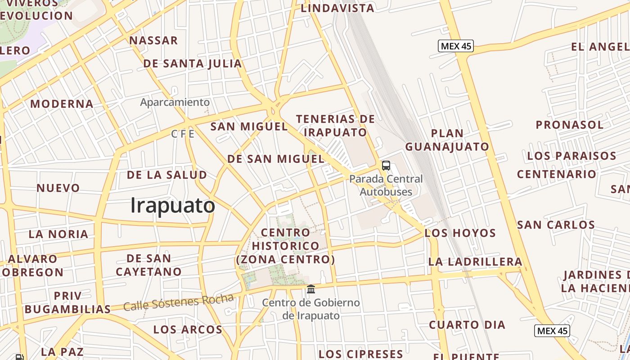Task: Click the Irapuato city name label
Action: coord(173,206)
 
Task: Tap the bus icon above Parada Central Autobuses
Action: coord(386,165)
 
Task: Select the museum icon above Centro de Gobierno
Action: coord(311,288)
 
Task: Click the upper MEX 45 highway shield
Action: coord(456,46)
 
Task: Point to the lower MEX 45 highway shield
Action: coord(552,331)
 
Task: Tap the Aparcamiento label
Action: coord(175,102)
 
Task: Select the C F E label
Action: coord(183,134)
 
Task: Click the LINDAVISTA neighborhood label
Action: coord(337,8)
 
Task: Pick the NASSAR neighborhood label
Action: coord(153,40)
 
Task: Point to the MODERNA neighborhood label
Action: coord(62,104)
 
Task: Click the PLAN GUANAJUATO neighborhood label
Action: coord(447,140)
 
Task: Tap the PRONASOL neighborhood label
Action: coord(569,125)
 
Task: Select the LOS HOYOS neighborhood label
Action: coord(460,233)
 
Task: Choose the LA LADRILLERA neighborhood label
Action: coord(475,261)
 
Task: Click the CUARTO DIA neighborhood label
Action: coord(467,325)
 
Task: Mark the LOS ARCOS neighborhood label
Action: coord(188,329)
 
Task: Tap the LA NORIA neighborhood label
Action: coord(58,234)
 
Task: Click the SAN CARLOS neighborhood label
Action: coord(556,225)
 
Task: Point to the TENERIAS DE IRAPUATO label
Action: coord(335,126)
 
